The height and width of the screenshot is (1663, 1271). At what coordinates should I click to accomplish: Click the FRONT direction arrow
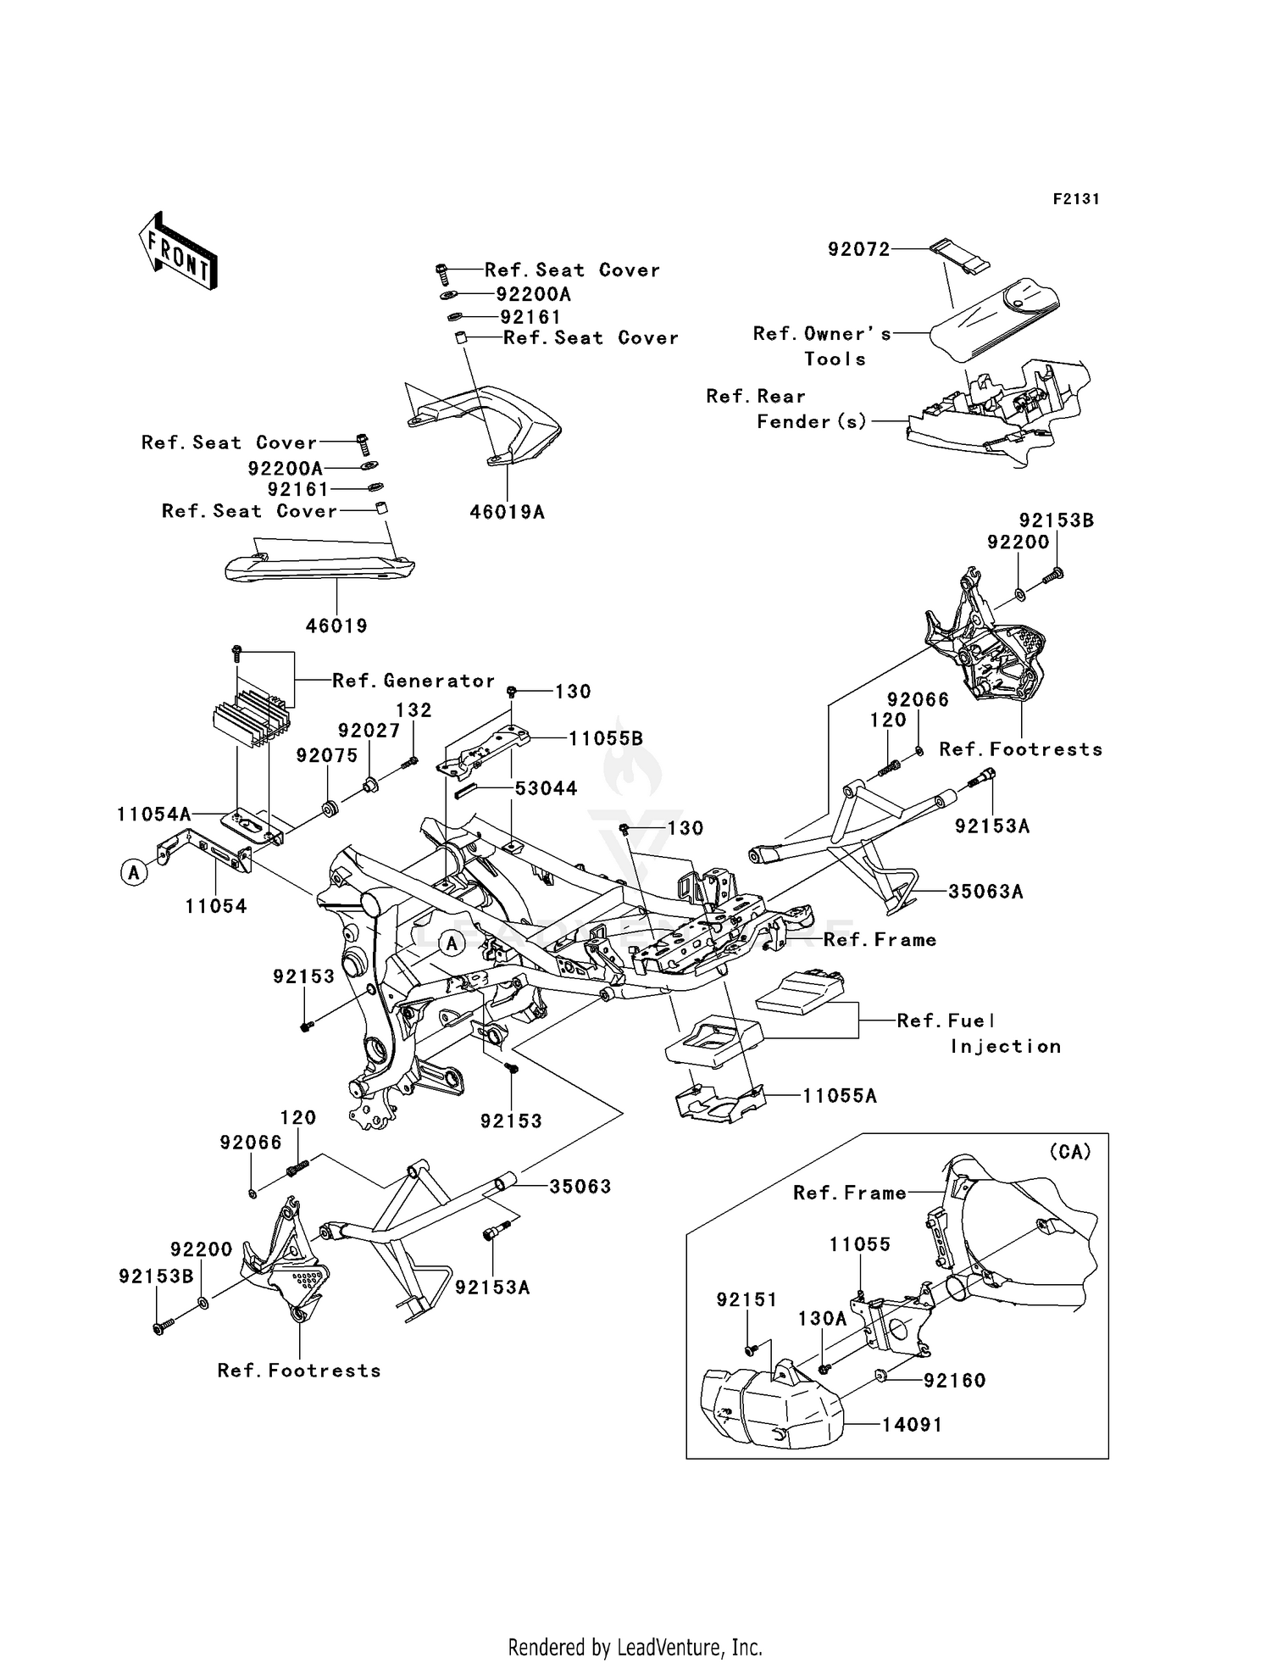coord(179,251)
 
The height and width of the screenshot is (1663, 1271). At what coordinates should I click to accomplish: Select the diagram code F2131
coord(1075,199)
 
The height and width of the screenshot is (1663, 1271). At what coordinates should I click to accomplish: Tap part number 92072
coord(858,249)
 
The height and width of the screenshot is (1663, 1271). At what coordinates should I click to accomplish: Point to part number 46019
coord(336,626)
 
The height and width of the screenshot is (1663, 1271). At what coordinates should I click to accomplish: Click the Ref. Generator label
coord(413,681)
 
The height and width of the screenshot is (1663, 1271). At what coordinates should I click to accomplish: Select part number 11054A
coord(154,815)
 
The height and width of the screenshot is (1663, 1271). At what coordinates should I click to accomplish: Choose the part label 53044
coord(546,788)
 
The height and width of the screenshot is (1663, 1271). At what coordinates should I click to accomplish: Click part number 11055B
coord(605,738)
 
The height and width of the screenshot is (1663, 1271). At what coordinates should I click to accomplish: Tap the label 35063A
coord(985,892)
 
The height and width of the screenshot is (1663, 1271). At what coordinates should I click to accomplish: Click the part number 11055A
coord(839,1096)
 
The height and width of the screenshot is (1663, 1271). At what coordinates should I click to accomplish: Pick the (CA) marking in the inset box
coord(1069,1152)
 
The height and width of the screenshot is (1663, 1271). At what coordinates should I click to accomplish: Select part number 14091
coord(912,1425)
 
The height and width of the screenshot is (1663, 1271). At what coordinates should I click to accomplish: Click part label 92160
coord(955,1381)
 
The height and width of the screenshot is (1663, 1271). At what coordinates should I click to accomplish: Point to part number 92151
coord(747,1299)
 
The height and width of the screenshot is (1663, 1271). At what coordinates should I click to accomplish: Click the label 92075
coord(327,755)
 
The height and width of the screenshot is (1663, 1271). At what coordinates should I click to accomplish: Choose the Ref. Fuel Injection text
coord(979,1033)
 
